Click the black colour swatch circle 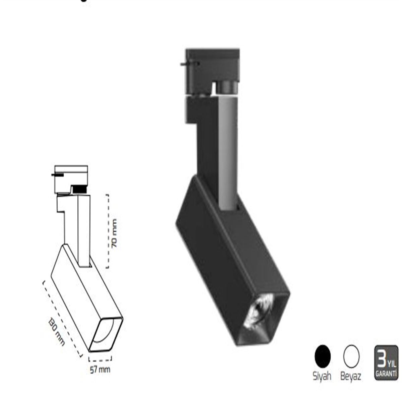pos(323,356)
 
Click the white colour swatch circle pos(351,356)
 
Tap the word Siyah pos(322,376)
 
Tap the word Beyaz pos(351,376)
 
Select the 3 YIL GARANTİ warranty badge pos(386,363)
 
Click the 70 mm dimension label pos(115,233)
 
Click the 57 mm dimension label pos(100,370)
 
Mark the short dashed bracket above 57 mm pos(100,360)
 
